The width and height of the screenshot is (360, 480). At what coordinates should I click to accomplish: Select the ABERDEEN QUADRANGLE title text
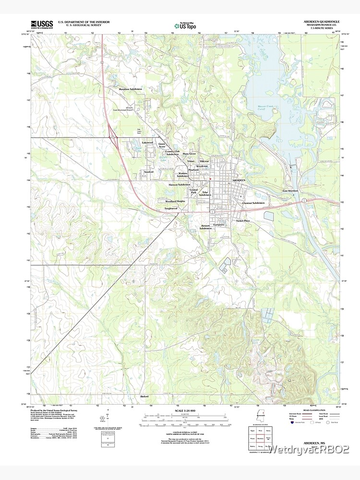pos(322,22)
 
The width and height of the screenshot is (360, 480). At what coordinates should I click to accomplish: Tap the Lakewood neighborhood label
pos(147,143)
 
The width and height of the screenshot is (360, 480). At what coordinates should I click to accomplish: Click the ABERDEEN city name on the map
pos(239,180)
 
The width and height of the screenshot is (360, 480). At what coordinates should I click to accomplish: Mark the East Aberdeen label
pos(290,191)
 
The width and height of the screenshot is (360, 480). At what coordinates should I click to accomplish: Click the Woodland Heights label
pos(175,201)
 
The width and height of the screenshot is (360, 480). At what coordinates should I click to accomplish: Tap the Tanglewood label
pos(171,208)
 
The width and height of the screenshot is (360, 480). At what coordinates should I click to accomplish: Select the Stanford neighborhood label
pos(149,171)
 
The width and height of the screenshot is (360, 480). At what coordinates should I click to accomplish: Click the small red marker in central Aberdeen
pos(210,180)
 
